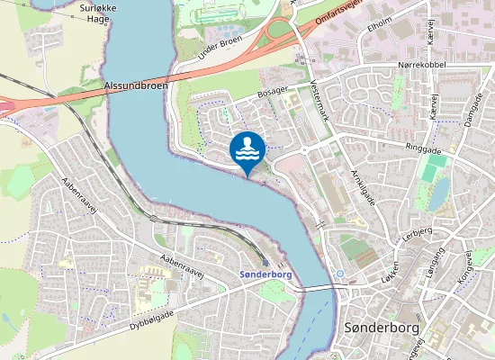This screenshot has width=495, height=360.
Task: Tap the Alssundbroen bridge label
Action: (135, 85)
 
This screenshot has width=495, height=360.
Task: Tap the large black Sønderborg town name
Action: (382, 328)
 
